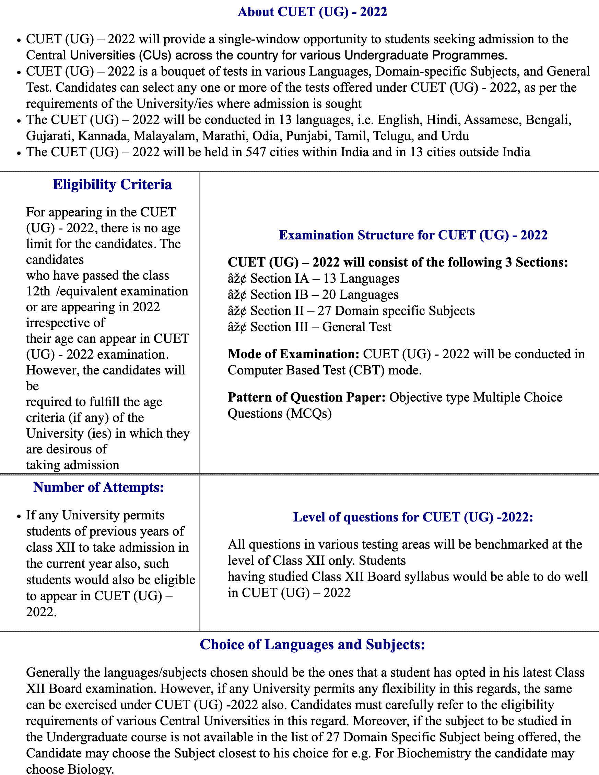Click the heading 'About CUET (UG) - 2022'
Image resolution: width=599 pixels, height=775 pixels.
pos(312,12)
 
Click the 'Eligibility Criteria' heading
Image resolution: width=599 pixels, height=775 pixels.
pos(113,185)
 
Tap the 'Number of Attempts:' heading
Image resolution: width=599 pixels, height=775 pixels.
pos(98,487)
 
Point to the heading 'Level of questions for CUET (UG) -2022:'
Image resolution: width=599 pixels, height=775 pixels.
pos(413,517)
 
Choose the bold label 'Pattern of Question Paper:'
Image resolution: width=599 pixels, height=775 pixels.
pos(307,397)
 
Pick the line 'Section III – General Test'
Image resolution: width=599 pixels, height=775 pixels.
pos(321,327)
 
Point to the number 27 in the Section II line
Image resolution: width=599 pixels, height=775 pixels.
pos(324,311)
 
